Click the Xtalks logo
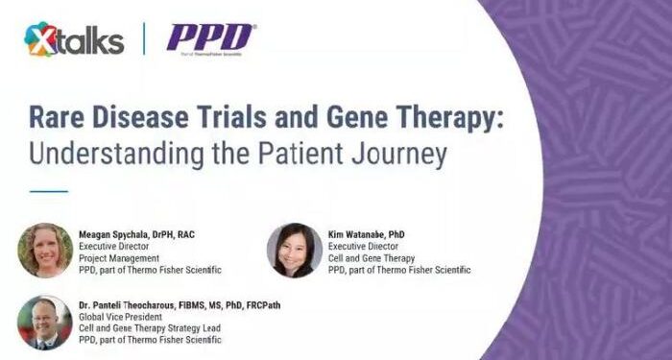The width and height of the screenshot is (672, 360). click(74, 39)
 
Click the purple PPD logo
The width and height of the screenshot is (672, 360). click(210, 38)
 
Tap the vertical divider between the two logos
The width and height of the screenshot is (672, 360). click(144, 39)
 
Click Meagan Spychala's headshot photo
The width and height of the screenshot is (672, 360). click(45, 250)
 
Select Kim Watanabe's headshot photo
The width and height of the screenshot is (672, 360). click(295, 250)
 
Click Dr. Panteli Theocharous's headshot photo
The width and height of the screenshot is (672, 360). click(45, 322)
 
